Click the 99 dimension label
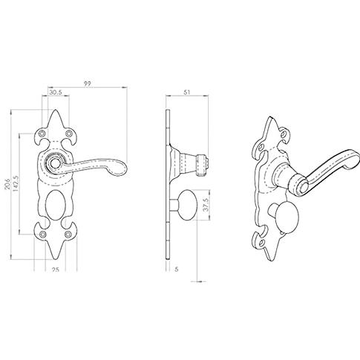(x=87, y=84)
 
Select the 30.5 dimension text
(x=56, y=92)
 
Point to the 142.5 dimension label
(x=16, y=184)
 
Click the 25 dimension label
(x=56, y=269)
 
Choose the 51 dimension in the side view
(x=187, y=92)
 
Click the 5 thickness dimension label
(x=177, y=269)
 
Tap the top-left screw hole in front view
(x=43, y=134)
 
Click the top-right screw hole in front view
(x=68, y=134)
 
